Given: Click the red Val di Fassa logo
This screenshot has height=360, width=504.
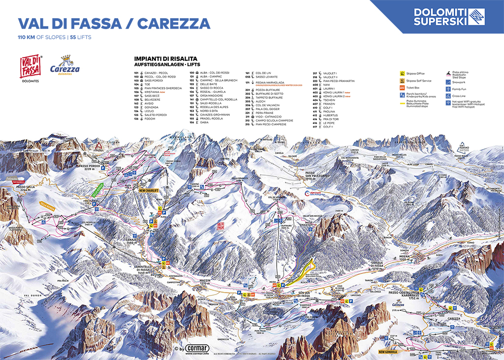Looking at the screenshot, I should [x=31, y=67].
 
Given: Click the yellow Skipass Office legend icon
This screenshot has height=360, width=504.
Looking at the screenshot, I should [x=402, y=73].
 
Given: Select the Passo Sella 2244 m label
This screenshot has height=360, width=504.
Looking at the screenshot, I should [x=27, y=189].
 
